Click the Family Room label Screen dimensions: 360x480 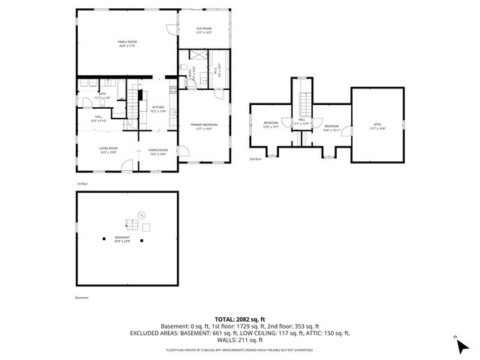(126, 43)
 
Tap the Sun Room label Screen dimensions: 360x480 (204, 31)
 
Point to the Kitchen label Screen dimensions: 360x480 (158, 109)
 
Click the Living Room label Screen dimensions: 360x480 (109, 150)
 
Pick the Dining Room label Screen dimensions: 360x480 (157, 151)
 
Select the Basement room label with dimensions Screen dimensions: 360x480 (122, 240)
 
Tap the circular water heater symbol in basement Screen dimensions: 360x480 (147, 228)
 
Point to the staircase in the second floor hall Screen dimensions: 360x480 (304, 103)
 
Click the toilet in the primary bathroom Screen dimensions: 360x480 (184, 70)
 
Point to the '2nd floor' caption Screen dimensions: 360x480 (256, 159)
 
